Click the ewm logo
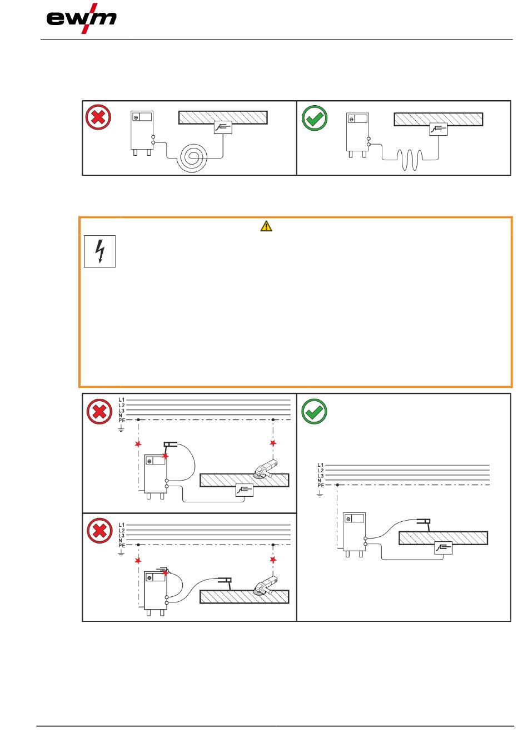[82, 19]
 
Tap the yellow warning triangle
[266, 226]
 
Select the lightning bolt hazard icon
[100, 251]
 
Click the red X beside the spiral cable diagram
[98, 117]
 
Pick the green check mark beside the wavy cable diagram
[315, 118]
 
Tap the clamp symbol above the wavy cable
[438, 129]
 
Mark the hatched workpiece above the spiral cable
[222, 117]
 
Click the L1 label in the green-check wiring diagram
[320, 465]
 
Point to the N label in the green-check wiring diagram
[319, 481]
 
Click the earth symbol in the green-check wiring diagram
[320, 493]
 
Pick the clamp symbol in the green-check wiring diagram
[443, 548]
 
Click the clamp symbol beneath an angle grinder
[244, 490]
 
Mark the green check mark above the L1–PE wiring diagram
[314, 412]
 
